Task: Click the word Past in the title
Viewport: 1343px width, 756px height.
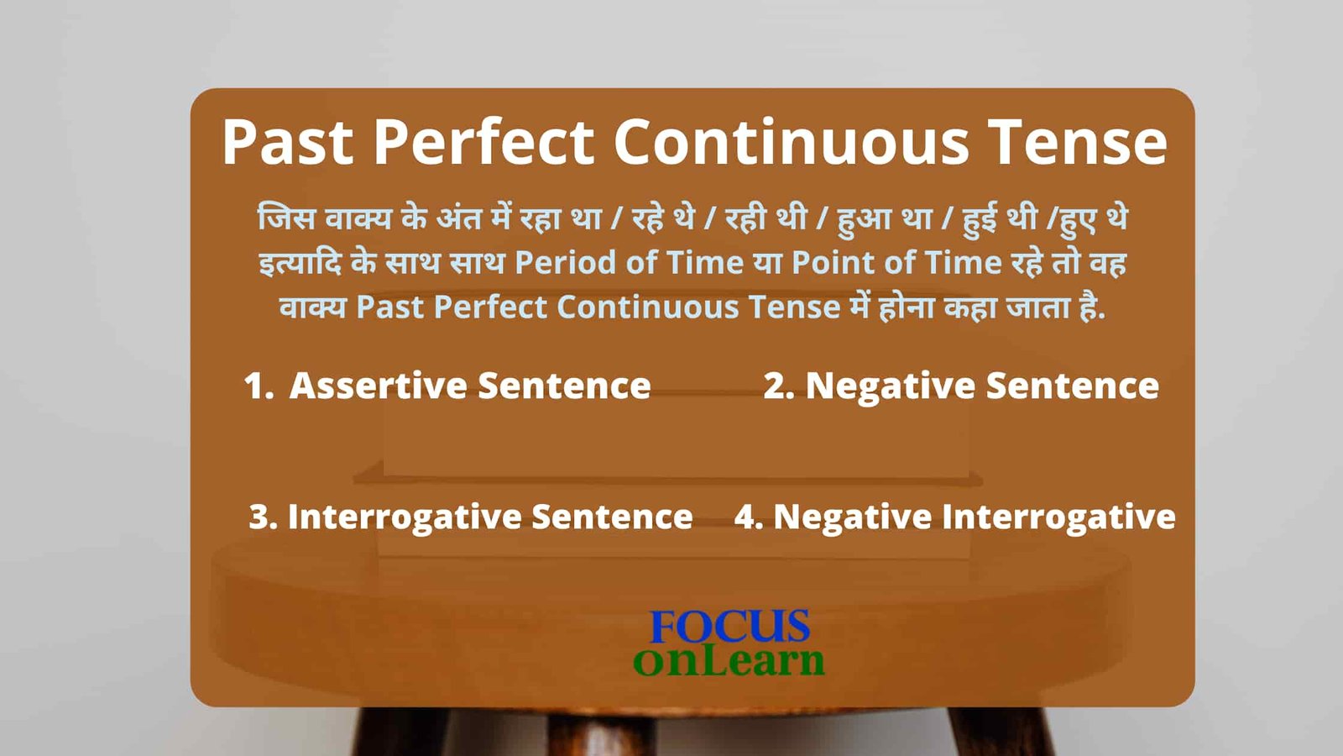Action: [x=288, y=142]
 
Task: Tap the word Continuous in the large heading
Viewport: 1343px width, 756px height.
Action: [x=791, y=142]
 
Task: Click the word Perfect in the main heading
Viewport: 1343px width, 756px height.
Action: [x=483, y=142]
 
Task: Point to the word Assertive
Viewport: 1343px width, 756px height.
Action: [x=379, y=386]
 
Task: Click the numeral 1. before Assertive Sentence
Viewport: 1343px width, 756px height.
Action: [x=259, y=386]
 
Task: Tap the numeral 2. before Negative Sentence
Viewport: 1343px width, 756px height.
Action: [x=779, y=386]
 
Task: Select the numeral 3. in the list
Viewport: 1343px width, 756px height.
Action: [x=264, y=517]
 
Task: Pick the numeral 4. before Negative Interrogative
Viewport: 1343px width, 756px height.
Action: [x=750, y=517]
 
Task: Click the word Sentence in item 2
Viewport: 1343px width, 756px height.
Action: [x=1073, y=386]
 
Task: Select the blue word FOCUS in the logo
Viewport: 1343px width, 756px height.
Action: [x=729, y=627]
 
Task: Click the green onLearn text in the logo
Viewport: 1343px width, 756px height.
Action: [x=729, y=660]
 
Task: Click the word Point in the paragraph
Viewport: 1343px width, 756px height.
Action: [x=833, y=263]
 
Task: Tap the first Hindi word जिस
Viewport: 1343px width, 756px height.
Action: [x=286, y=218]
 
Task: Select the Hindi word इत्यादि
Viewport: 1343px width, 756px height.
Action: [x=300, y=263]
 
